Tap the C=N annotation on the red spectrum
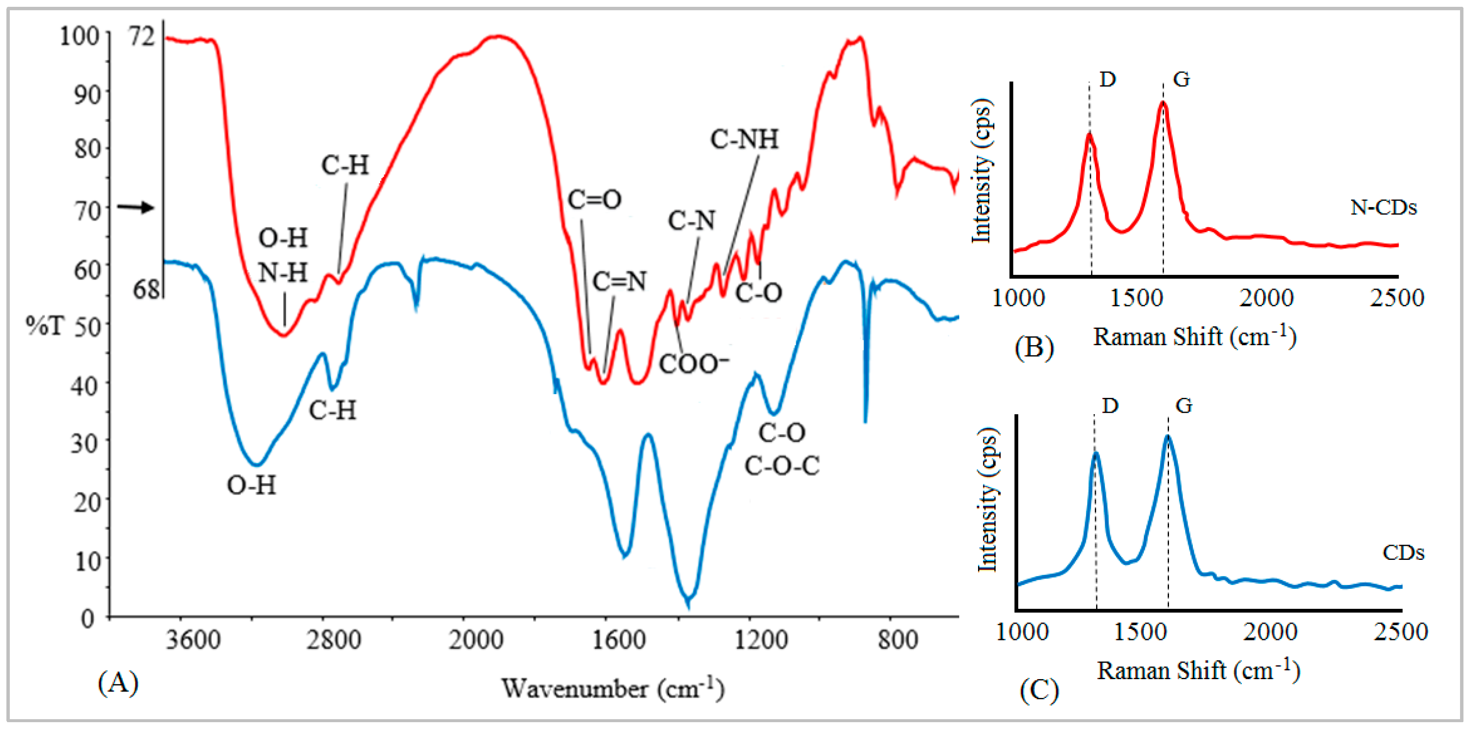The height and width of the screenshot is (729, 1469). (x=619, y=281)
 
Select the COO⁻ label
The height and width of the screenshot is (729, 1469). (x=693, y=363)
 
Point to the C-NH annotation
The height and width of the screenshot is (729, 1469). (x=744, y=139)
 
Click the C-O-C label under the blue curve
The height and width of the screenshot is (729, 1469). (x=782, y=466)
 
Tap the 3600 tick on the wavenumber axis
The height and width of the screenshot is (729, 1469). (x=193, y=640)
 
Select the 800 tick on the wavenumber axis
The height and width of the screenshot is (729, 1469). (x=898, y=640)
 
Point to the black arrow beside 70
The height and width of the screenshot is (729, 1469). (x=136, y=207)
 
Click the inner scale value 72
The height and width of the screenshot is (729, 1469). (x=142, y=37)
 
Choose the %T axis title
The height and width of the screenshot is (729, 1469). (x=44, y=326)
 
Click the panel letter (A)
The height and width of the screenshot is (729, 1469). (x=118, y=682)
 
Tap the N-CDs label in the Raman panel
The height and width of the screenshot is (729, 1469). (x=1383, y=207)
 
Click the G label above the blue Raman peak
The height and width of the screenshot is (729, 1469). (x=1184, y=406)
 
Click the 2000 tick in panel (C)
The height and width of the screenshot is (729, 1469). (x=1270, y=631)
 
